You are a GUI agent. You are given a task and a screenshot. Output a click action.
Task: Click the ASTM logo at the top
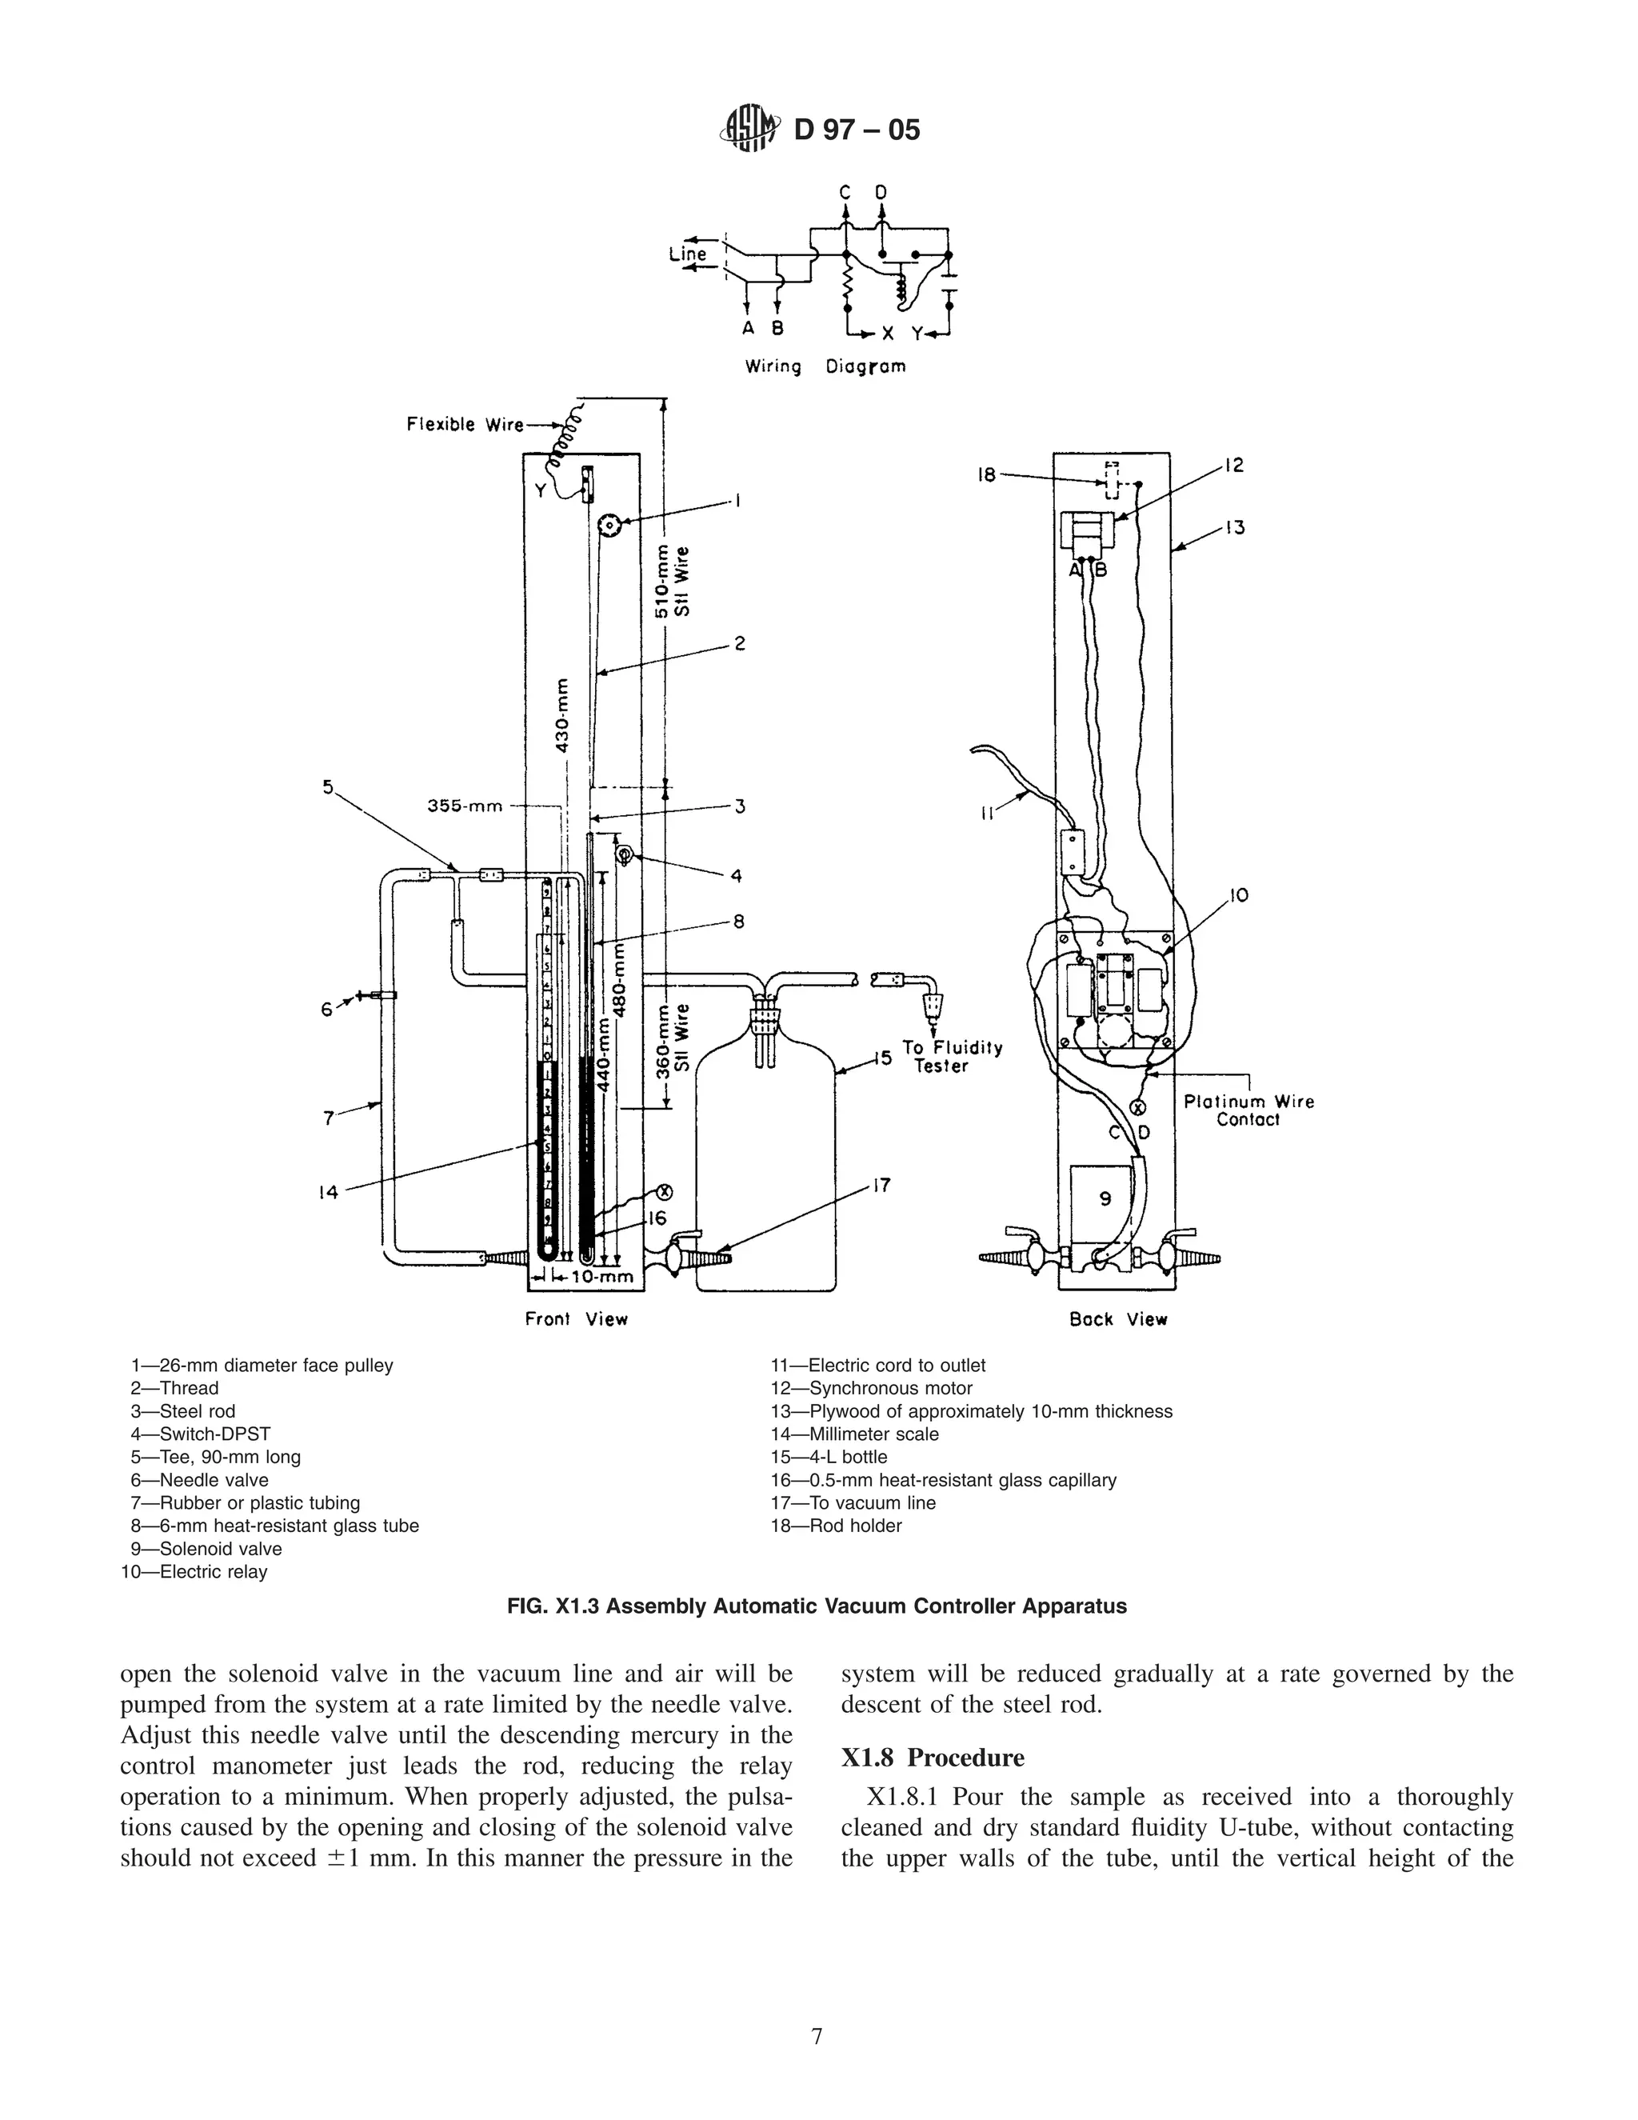point(749,129)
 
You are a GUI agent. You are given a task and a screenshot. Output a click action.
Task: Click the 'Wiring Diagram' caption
point(825,367)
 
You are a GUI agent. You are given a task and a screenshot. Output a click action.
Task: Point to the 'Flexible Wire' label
point(465,424)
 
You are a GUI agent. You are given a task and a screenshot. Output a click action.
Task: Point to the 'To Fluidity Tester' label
point(952,1057)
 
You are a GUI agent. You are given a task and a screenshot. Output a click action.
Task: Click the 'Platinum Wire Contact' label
point(1248,1110)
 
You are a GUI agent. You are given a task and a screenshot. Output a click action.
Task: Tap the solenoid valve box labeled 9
point(1105,1200)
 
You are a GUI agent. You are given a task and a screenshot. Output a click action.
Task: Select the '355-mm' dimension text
point(465,806)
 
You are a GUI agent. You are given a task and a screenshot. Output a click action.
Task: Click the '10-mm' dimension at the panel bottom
point(601,1277)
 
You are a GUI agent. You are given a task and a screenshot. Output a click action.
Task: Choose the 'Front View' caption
point(577,1319)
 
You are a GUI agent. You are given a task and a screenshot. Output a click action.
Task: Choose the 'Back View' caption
point(1118,1319)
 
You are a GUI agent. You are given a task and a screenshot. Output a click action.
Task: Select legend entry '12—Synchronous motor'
point(872,1388)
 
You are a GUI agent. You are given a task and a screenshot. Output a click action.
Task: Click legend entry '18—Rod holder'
point(836,1526)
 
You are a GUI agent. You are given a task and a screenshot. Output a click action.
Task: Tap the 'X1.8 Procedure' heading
point(933,1758)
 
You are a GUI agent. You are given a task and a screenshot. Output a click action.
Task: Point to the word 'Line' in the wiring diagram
point(688,254)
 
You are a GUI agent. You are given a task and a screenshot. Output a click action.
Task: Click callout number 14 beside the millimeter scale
point(329,1192)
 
